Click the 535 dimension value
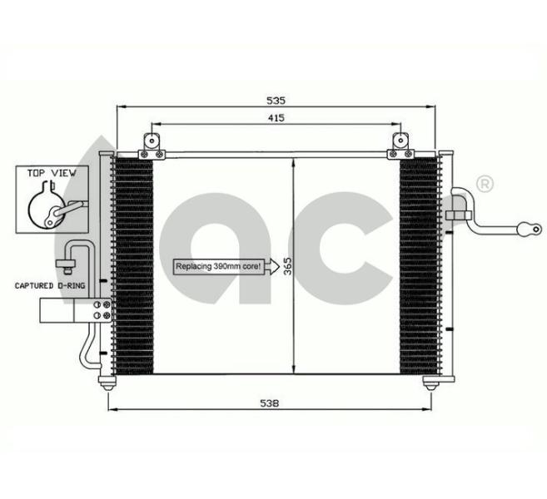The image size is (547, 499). point(276,101)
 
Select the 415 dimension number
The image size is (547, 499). point(276,118)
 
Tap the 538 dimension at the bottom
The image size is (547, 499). point(269,403)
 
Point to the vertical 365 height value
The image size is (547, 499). point(287,266)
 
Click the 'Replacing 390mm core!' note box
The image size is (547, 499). point(219,267)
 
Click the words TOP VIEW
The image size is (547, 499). point(52,173)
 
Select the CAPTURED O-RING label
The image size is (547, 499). point(50,286)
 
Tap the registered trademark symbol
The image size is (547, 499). point(485,184)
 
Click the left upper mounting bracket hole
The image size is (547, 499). point(152,141)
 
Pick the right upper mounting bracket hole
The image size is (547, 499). point(400,141)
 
